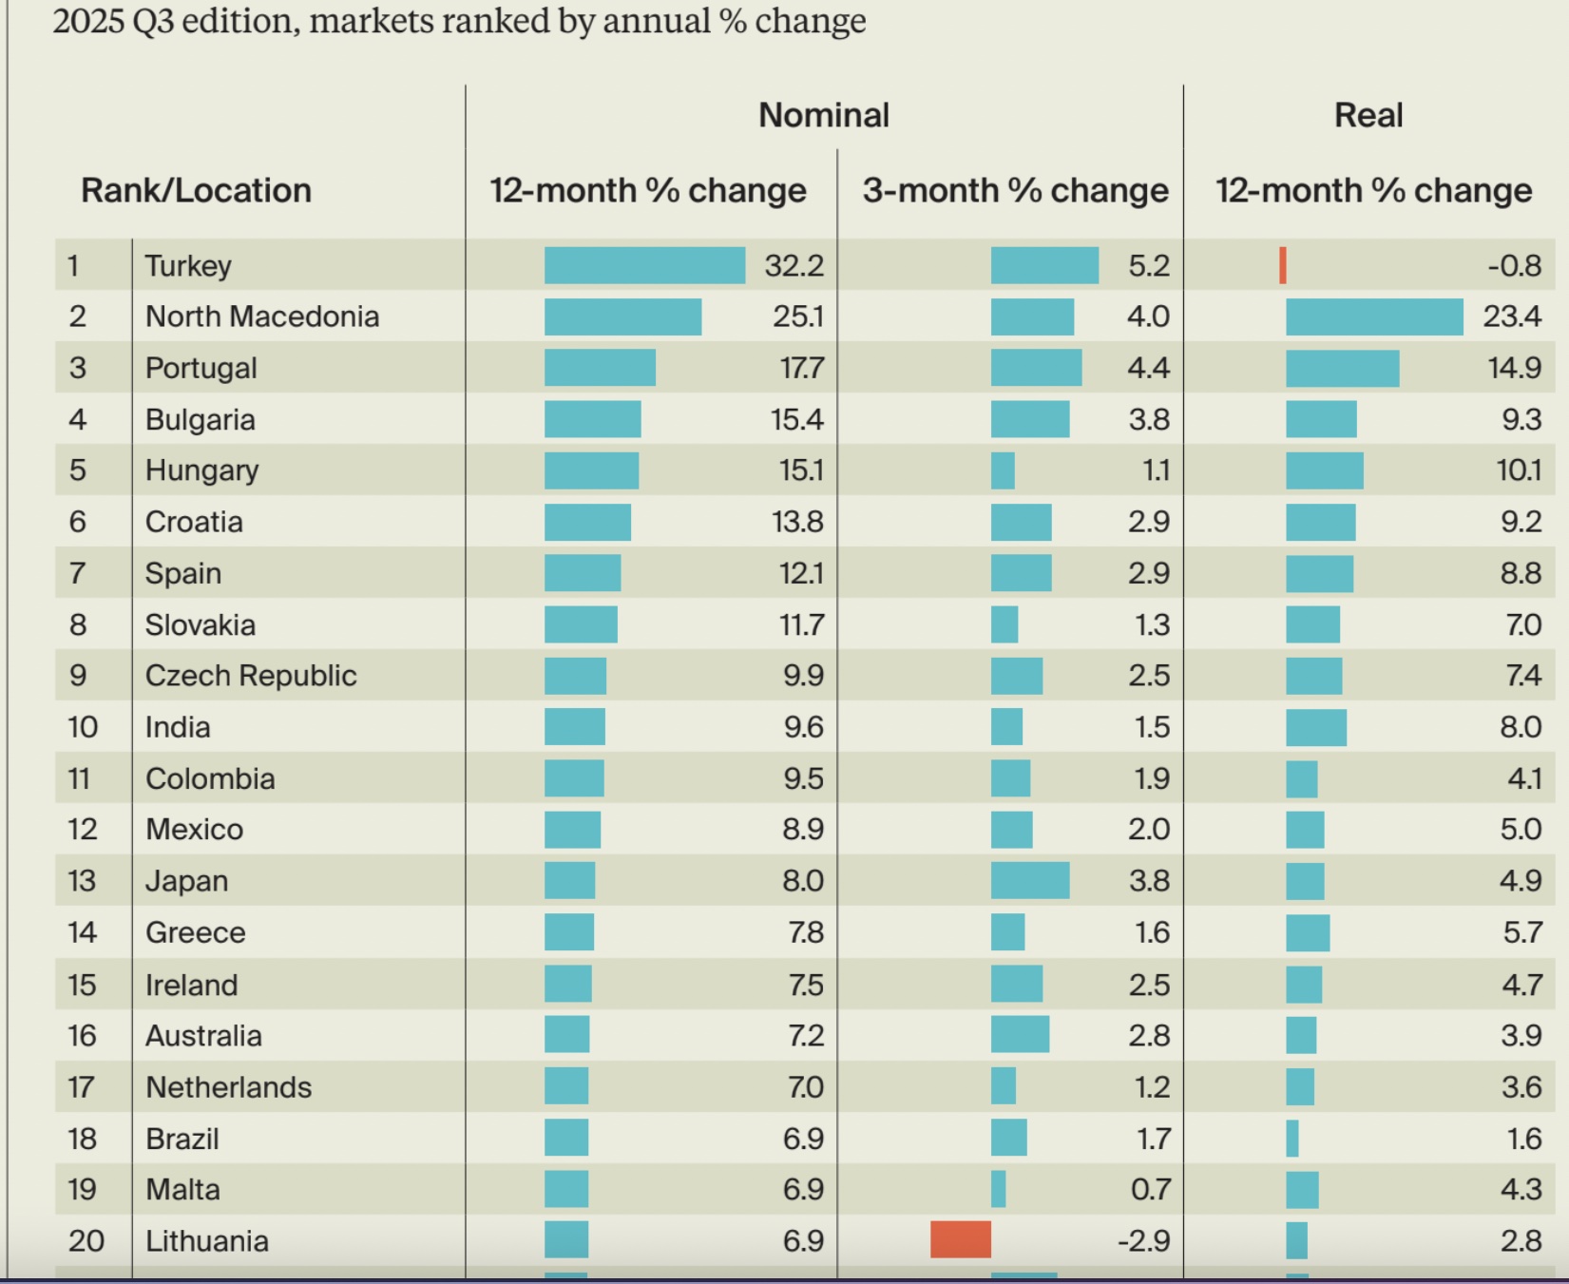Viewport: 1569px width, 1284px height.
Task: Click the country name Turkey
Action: point(188,265)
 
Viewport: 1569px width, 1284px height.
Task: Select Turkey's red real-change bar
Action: point(1283,265)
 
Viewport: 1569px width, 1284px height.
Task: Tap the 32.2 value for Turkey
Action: point(794,265)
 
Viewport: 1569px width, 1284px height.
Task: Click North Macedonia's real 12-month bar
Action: point(1374,316)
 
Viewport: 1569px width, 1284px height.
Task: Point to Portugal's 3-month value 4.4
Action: point(1148,368)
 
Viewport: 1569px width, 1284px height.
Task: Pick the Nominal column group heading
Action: point(824,115)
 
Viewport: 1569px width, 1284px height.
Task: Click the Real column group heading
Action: point(1368,115)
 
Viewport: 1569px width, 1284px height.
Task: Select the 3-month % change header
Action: point(1015,190)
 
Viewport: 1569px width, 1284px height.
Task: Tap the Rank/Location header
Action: point(196,190)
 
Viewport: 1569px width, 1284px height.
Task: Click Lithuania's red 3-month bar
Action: point(960,1240)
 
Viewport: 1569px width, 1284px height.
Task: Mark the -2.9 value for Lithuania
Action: point(1143,1240)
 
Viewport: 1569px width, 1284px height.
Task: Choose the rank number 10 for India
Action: point(83,727)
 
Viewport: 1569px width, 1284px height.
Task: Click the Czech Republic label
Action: point(251,676)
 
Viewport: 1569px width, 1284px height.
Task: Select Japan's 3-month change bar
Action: point(1030,880)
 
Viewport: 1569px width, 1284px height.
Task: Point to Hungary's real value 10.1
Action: point(1519,470)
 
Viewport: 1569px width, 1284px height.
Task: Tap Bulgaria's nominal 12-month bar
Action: point(592,419)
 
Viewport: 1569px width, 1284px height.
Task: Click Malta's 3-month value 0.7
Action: point(1150,1189)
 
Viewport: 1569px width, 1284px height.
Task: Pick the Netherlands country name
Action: point(228,1087)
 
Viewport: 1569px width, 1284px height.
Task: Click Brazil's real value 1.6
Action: point(1524,1139)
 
